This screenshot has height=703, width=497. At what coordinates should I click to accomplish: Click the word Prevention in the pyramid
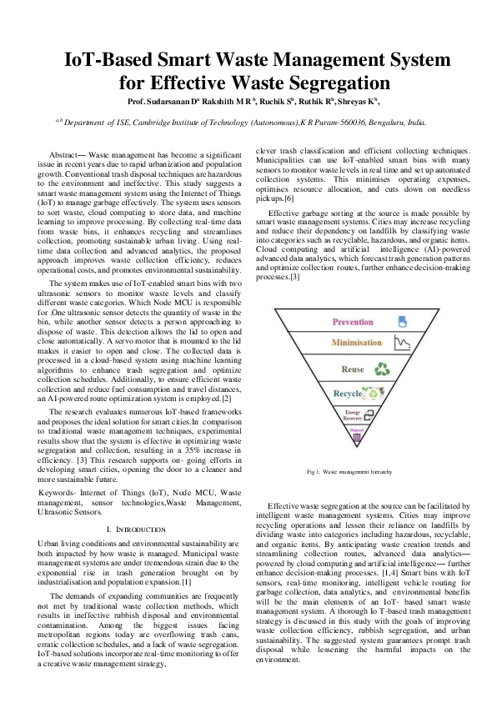tap(353, 321)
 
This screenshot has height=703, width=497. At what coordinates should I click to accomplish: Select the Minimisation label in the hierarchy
tap(356, 343)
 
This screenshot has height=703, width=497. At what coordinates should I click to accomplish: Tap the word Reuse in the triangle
tap(353, 369)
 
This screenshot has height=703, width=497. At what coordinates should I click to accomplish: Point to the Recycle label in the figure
tap(348, 393)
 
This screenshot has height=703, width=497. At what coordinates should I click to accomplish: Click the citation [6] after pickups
tap(288, 199)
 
